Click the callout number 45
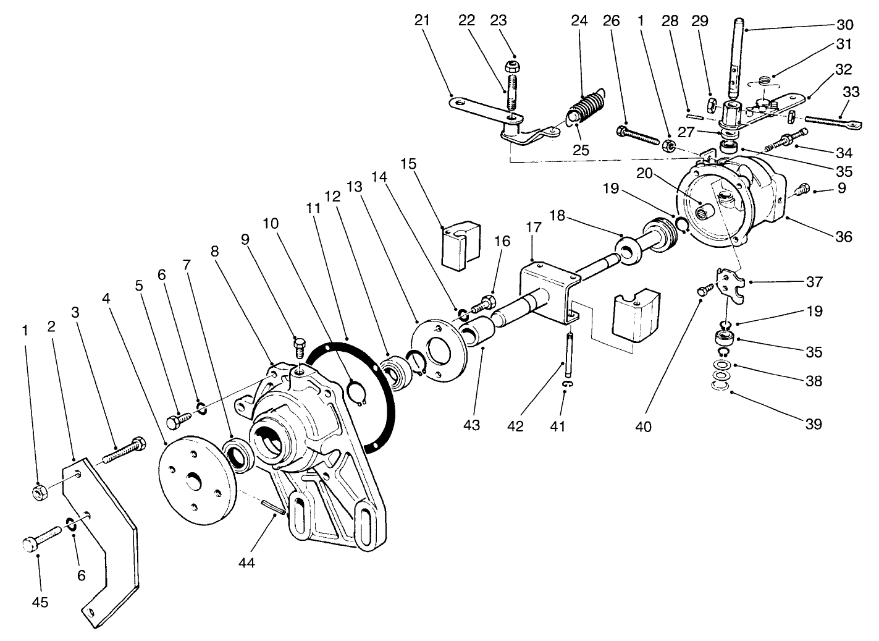pos(40,601)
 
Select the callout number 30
pos(844,25)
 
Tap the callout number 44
pos(246,562)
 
